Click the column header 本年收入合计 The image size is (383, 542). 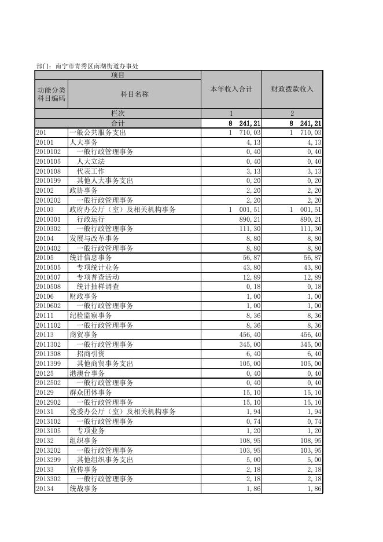(231, 89)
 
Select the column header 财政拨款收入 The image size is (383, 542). (292, 89)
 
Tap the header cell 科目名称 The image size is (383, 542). (134, 94)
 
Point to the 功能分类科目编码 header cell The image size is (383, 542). (51, 94)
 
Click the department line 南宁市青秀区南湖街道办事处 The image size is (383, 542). (87, 66)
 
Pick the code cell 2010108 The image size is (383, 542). (49, 171)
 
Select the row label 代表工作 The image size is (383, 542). (90, 171)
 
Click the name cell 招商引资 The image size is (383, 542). (90, 354)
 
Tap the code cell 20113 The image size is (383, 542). (45, 335)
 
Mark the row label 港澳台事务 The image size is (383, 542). (87, 373)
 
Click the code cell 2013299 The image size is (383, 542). (49, 460)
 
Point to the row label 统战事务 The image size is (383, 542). (84, 489)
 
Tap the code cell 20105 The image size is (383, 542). (45, 258)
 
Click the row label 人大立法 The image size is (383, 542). (90, 162)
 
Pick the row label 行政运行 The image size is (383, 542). (90, 219)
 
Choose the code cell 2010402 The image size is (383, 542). (49, 248)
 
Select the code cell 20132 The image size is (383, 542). (45, 441)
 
